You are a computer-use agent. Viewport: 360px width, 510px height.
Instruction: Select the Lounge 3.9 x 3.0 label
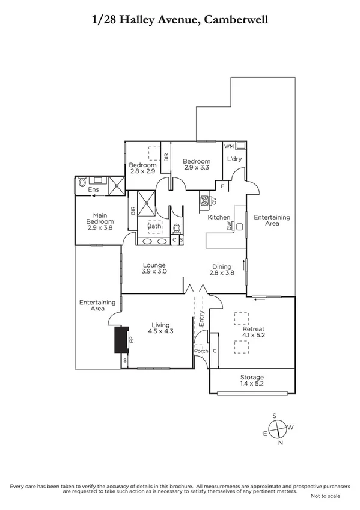154,268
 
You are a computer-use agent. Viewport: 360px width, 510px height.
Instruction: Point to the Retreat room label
253,329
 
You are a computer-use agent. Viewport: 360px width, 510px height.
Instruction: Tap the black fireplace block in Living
121,340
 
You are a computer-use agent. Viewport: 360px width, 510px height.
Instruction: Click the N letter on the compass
280,443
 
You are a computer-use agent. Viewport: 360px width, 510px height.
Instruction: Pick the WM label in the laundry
229,146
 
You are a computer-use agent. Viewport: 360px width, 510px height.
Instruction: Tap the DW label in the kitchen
230,227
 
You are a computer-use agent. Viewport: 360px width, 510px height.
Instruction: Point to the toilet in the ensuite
82,185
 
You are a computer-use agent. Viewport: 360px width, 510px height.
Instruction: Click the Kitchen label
219,217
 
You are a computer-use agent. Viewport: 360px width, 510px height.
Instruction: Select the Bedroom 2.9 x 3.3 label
197,165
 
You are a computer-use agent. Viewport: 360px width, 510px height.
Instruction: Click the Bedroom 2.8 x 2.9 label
143,168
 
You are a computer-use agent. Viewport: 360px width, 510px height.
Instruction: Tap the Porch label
200,352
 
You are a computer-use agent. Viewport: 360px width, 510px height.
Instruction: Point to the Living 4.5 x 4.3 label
160,328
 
